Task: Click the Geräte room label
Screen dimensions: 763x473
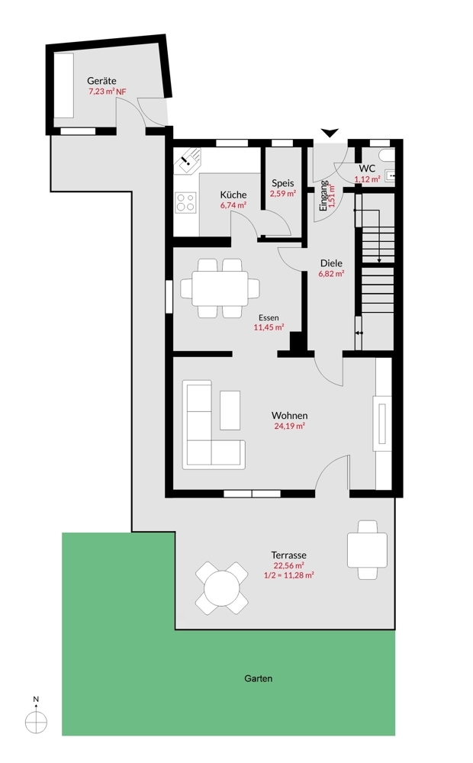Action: [x=101, y=80]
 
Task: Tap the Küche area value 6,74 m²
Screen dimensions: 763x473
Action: [x=233, y=205]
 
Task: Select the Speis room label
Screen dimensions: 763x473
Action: [x=283, y=183]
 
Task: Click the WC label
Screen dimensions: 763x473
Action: [x=366, y=168]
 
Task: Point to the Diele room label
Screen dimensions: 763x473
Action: [x=331, y=263]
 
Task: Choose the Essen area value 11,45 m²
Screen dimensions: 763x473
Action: [x=269, y=327]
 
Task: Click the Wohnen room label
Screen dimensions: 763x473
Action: [x=289, y=416]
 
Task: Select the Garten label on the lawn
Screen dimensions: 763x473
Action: [x=258, y=678]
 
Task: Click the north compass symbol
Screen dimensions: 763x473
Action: [x=36, y=720]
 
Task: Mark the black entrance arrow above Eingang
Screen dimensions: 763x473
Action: [x=330, y=134]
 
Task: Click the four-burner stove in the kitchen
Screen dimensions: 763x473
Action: [x=185, y=202]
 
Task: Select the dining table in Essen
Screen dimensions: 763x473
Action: [x=219, y=288]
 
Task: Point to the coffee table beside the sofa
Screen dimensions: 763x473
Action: [x=230, y=410]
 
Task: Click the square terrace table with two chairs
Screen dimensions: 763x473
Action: [x=367, y=549]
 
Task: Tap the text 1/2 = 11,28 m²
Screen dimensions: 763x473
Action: [x=289, y=575]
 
